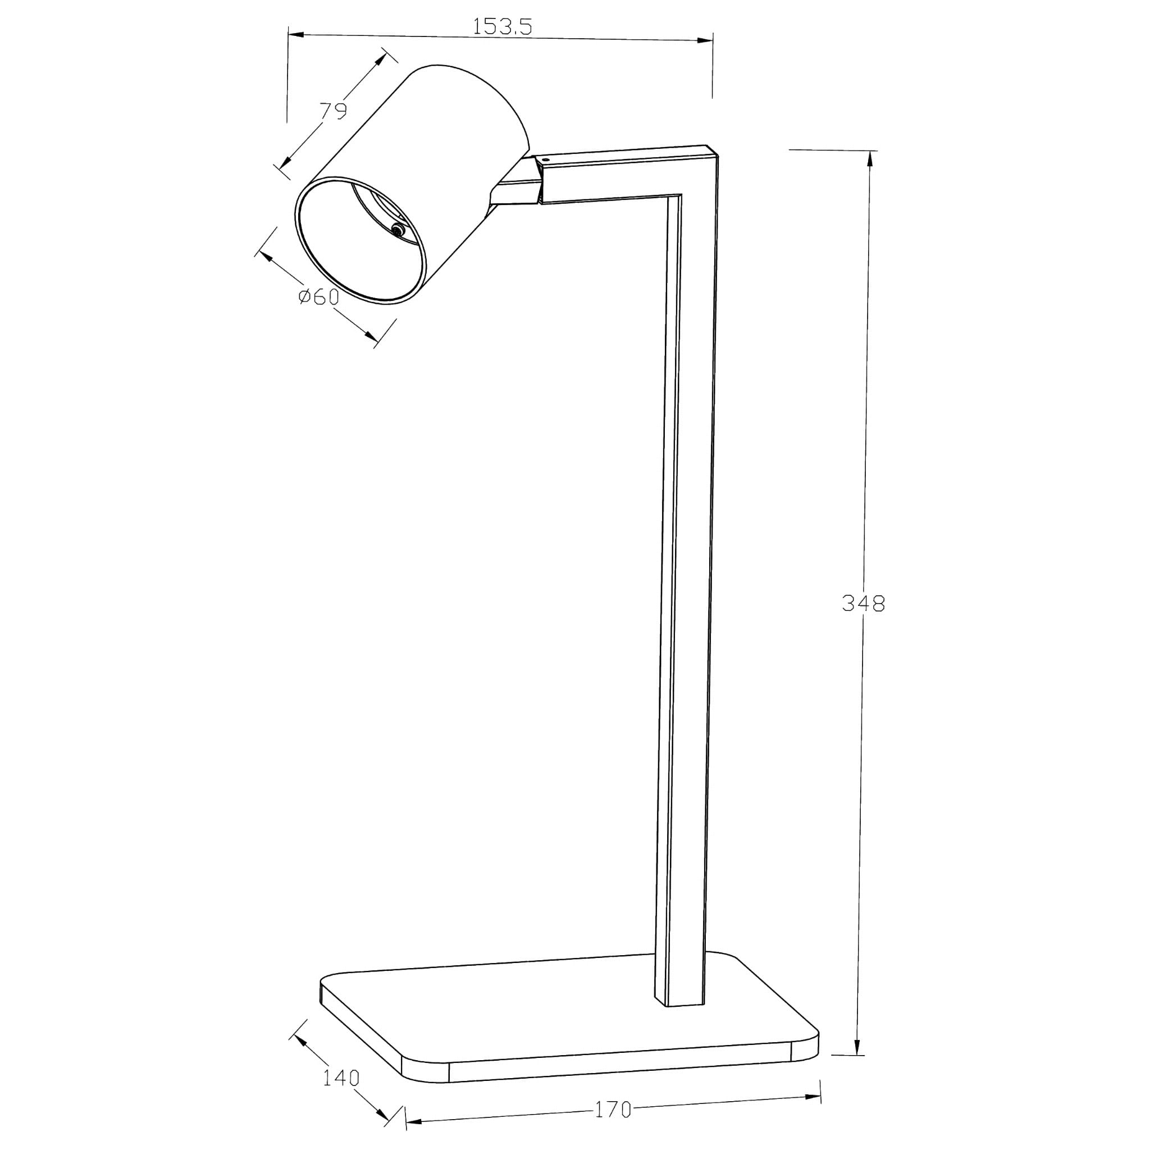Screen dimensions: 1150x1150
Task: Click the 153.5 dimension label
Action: coord(502,27)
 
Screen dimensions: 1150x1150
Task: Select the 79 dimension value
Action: coord(334,111)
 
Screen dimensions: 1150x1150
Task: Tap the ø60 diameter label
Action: coord(319,296)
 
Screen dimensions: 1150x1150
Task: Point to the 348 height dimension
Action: coord(864,604)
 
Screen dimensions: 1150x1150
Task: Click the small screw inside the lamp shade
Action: coord(397,229)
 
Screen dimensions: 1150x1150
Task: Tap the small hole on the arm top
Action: coord(547,159)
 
